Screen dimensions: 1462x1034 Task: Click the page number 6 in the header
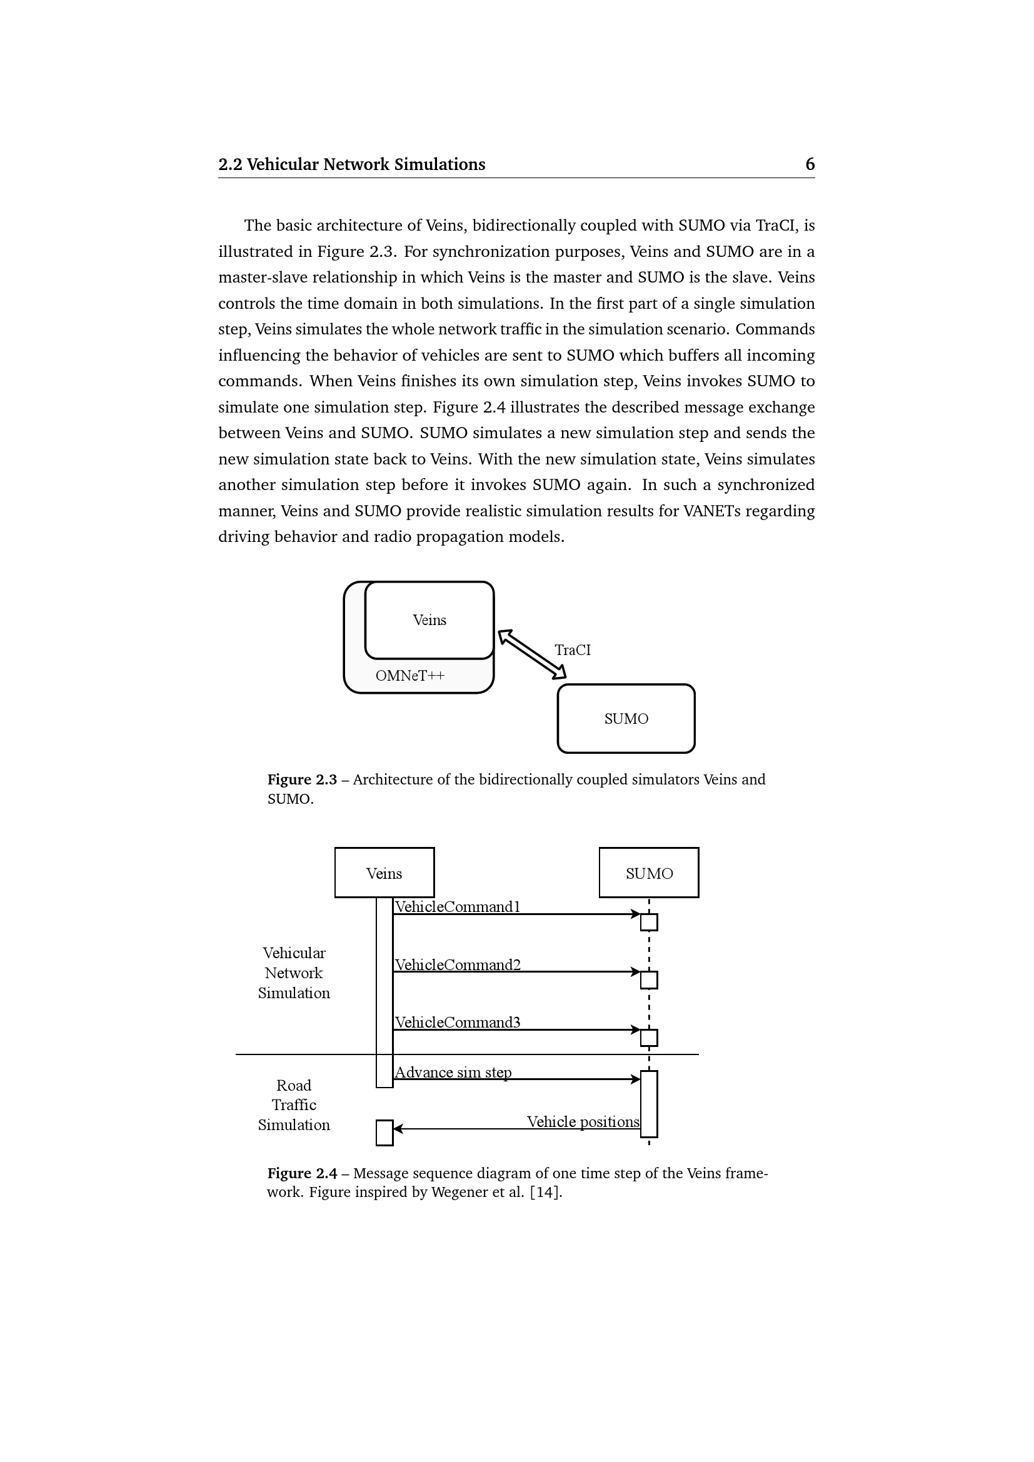[x=810, y=164]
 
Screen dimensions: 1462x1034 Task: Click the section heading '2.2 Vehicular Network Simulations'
[x=351, y=164]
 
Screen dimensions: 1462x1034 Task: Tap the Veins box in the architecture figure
[x=429, y=619]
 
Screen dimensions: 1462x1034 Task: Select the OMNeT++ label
[x=410, y=676]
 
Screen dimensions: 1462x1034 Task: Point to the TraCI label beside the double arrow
[x=573, y=650]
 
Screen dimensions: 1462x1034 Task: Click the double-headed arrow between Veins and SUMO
[x=531, y=654]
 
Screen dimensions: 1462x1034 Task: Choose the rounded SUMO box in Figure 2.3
[x=626, y=719]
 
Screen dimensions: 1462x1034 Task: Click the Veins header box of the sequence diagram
[x=384, y=873]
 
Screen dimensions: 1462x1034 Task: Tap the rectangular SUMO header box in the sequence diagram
[x=649, y=873]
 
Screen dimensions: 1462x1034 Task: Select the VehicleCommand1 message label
[x=457, y=907]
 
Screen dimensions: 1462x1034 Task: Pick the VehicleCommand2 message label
[x=457, y=964]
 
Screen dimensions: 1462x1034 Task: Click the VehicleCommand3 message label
[x=457, y=1022]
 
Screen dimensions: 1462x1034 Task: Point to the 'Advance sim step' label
[x=453, y=1073]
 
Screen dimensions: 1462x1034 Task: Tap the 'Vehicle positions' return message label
[x=583, y=1122]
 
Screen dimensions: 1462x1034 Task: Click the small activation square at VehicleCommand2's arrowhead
[x=649, y=980]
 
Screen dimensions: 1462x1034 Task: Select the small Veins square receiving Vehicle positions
[x=384, y=1133]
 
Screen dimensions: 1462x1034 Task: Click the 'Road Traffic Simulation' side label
[x=294, y=1104]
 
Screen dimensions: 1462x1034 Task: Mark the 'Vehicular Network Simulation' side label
[x=294, y=973]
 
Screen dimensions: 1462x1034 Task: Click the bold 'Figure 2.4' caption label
[x=302, y=1173]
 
